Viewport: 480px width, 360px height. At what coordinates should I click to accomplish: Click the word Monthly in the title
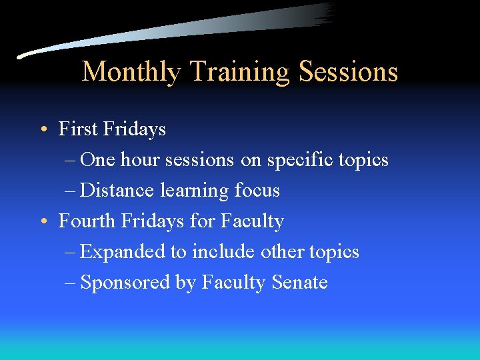(131, 71)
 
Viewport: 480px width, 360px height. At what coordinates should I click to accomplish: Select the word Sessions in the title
(349, 71)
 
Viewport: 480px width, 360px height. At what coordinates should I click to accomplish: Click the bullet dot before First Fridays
(42, 129)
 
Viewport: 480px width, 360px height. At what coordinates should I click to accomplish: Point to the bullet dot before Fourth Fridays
(42, 221)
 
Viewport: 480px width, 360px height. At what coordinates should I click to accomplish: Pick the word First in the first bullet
(78, 129)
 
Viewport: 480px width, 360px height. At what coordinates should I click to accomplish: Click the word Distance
(117, 191)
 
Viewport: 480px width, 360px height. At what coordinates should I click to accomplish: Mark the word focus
(257, 191)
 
